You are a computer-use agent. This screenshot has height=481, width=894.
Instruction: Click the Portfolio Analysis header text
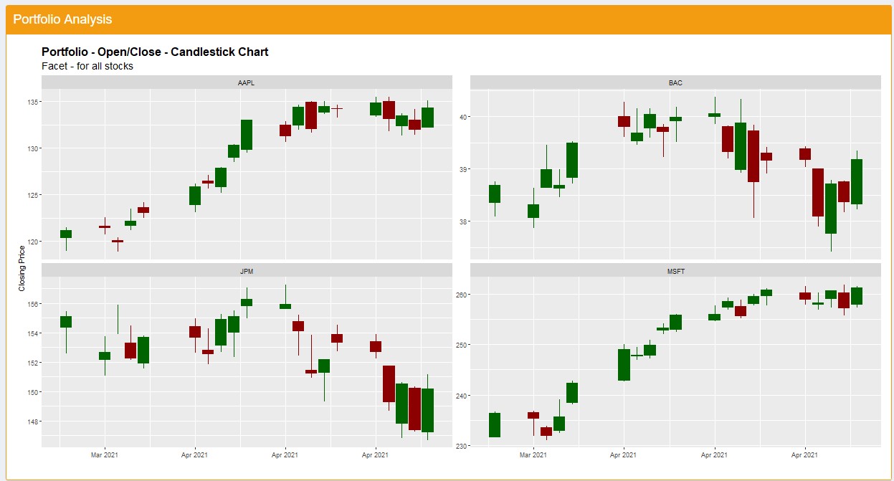pyautogui.click(x=62, y=19)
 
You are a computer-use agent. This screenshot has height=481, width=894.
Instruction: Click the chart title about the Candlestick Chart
pyautogui.click(x=155, y=52)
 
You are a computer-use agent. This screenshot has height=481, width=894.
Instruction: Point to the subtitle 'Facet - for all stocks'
pyautogui.click(x=87, y=66)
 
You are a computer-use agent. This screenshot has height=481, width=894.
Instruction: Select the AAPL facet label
pyautogui.click(x=246, y=82)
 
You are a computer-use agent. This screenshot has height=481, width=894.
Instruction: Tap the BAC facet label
pyautogui.click(x=675, y=82)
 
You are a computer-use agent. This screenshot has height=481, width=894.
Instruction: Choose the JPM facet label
pyautogui.click(x=246, y=271)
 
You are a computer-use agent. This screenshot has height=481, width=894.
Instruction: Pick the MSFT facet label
pyautogui.click(x=675, y=271)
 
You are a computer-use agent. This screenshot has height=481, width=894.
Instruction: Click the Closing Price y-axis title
pyautogui.click(x=22, y=268)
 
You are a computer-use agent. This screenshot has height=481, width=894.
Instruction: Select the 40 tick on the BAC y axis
pyautogui.click(x=462, y=117)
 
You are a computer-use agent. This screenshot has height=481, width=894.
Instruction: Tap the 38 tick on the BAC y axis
pyautogui.click(x=462, y=222)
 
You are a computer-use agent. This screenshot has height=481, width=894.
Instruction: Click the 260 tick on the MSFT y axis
pyautogui.click(x=461, y=295)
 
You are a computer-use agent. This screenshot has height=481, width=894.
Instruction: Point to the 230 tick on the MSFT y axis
pyautogui.click(x=461, y=446)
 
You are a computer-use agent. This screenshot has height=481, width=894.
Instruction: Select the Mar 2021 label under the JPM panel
pyautogui.click(x=105, y=454)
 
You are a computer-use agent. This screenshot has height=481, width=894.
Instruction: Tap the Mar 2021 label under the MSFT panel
pyautogui.click(x=533, y=454)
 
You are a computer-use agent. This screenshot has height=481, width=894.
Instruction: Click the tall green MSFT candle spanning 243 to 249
pyautogui.click(x=624, y=365)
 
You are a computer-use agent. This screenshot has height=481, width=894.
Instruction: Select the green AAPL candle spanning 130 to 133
pyautogui.click(x=247, y=135)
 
